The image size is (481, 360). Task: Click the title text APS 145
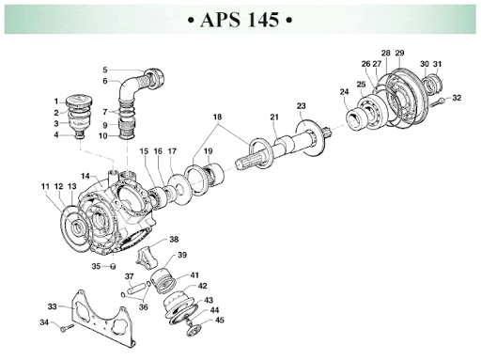click(240, 20)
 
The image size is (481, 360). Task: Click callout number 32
click(457, 98)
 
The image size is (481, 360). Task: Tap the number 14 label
click(85, 176)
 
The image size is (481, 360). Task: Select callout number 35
click(96, 266)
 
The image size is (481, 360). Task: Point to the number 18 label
click(217, 117)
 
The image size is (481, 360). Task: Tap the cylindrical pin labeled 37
click(136, 288)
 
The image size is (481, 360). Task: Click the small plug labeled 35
click(113, 266)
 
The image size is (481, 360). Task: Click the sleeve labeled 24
click(357, 117)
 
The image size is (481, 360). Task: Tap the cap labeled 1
click(79, 101)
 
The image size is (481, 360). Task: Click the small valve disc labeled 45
click(192, 331)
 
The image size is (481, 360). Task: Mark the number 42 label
click(202, 286)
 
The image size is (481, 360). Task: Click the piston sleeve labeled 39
click(163, 280)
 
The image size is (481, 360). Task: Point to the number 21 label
click(274, 117)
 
